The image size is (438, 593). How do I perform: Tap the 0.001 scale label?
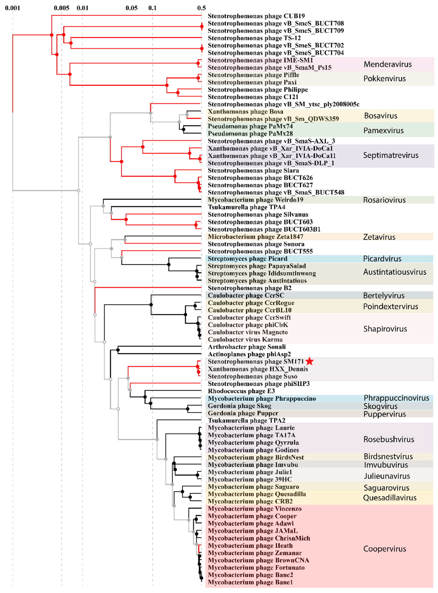[x=13, y=8]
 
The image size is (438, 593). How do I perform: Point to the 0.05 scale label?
[x=132, y=8]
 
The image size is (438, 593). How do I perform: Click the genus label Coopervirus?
[x=384, y=549]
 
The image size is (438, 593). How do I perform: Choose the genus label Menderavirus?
[x=388, y=64]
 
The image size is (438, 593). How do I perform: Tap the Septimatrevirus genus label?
[x=391, y=155]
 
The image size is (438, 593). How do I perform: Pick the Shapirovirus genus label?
[x=385, y=329]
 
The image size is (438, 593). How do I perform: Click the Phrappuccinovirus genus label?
[x=396, y=398]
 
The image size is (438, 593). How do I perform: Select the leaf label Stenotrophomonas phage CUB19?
[x=256, y=16]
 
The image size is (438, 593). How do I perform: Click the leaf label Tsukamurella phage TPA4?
[x=246, y=207]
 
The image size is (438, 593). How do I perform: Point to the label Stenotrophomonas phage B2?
[x=250, y=288]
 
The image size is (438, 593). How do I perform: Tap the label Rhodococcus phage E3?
[x=241, y=391]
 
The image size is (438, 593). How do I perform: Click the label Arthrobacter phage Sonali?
[x=247, y=347]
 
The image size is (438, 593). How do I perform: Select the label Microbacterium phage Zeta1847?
[x=255, y=237]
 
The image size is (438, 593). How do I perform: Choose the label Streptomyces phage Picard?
[x=247, y=259]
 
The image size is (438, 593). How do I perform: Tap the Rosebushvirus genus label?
[x=389, y=439]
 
